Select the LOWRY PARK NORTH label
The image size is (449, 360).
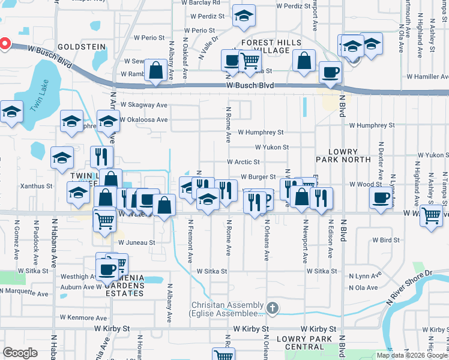pyautogui.click(x=343, y=157)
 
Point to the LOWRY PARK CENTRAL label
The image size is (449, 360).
pyautogui.click(x=304, y=343)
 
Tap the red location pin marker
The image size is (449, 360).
pyautogui.click(x=4, y=44)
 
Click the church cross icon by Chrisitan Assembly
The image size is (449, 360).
pyautogui.click(x=273, y=308)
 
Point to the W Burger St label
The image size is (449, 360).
pyautogui.click(x=258, y=177)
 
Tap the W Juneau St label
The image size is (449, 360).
pyautogui.click(x=137, y=242)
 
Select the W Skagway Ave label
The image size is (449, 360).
pyautogui.click(x=143, y=104)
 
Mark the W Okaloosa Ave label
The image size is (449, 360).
pyautogui.click(x=143, y=119)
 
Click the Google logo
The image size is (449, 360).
pyautogui.click(x=20, y=353)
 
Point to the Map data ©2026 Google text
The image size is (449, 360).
pyautogui.click(x=412, y=355)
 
